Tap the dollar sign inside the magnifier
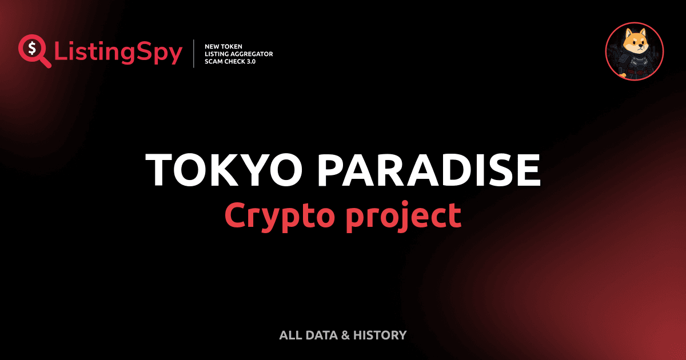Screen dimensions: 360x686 pyautogui.click(x=31, y=48)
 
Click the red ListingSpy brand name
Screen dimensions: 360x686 pyautogui.click(x=118, y=53)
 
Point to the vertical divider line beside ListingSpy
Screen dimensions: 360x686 pyautogui.click(x=196, y=53)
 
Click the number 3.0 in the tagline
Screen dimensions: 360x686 pyautogui.click(x=250, y=61)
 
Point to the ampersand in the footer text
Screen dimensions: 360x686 pyautogui.click(x=344, y=335)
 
